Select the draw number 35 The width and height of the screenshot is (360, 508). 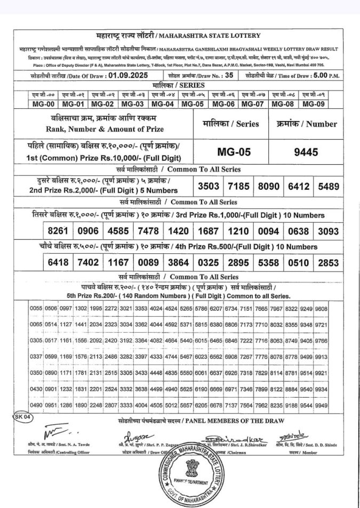[229, 75]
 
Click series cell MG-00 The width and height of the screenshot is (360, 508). [43, 104]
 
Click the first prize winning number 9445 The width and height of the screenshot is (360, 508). [306, 152]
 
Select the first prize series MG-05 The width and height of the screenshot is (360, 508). [234, 152]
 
